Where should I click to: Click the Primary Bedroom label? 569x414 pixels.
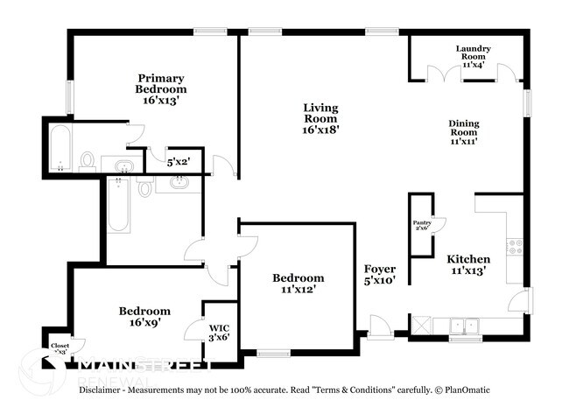click(160, 88)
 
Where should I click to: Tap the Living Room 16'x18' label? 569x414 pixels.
click(320, 118)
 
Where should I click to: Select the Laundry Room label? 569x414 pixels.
click(473, 56)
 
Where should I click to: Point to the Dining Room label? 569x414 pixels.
click(464, 132)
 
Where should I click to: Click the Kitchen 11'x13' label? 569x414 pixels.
click(468, 265)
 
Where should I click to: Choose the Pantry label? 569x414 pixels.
click(422, 226)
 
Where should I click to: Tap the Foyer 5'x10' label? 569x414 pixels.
click(380, 274)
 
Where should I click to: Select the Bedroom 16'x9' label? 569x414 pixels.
click(144, 316)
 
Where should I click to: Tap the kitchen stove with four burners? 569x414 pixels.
click(515, 246)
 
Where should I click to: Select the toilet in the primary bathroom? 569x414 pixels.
click(88, 159)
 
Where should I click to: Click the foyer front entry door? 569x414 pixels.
click(381, 327)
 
